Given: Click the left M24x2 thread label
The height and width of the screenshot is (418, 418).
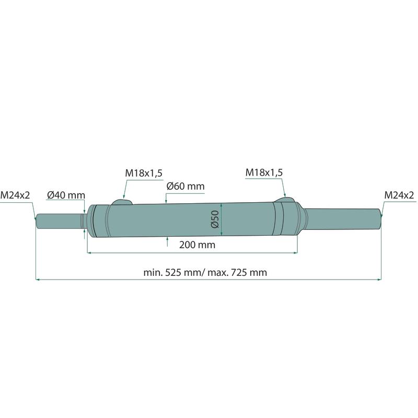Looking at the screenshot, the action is (15, 195).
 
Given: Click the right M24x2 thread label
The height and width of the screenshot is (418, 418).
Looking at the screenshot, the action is (399, 195).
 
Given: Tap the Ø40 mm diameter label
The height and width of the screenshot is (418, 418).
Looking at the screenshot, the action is (66, 195).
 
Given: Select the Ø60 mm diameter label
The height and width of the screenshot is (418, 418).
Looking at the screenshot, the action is (185, 186).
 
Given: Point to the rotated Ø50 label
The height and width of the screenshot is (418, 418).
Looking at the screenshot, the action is (215, 219).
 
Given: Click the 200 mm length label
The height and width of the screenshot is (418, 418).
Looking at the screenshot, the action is (198, 245).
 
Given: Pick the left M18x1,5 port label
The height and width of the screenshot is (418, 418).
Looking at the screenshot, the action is (144, 173).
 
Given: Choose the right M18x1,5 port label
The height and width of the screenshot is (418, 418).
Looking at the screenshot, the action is (264, 172).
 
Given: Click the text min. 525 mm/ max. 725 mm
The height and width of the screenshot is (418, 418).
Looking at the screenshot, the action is (205, 272).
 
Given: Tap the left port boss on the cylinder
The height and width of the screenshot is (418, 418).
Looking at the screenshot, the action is (122, 202).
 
